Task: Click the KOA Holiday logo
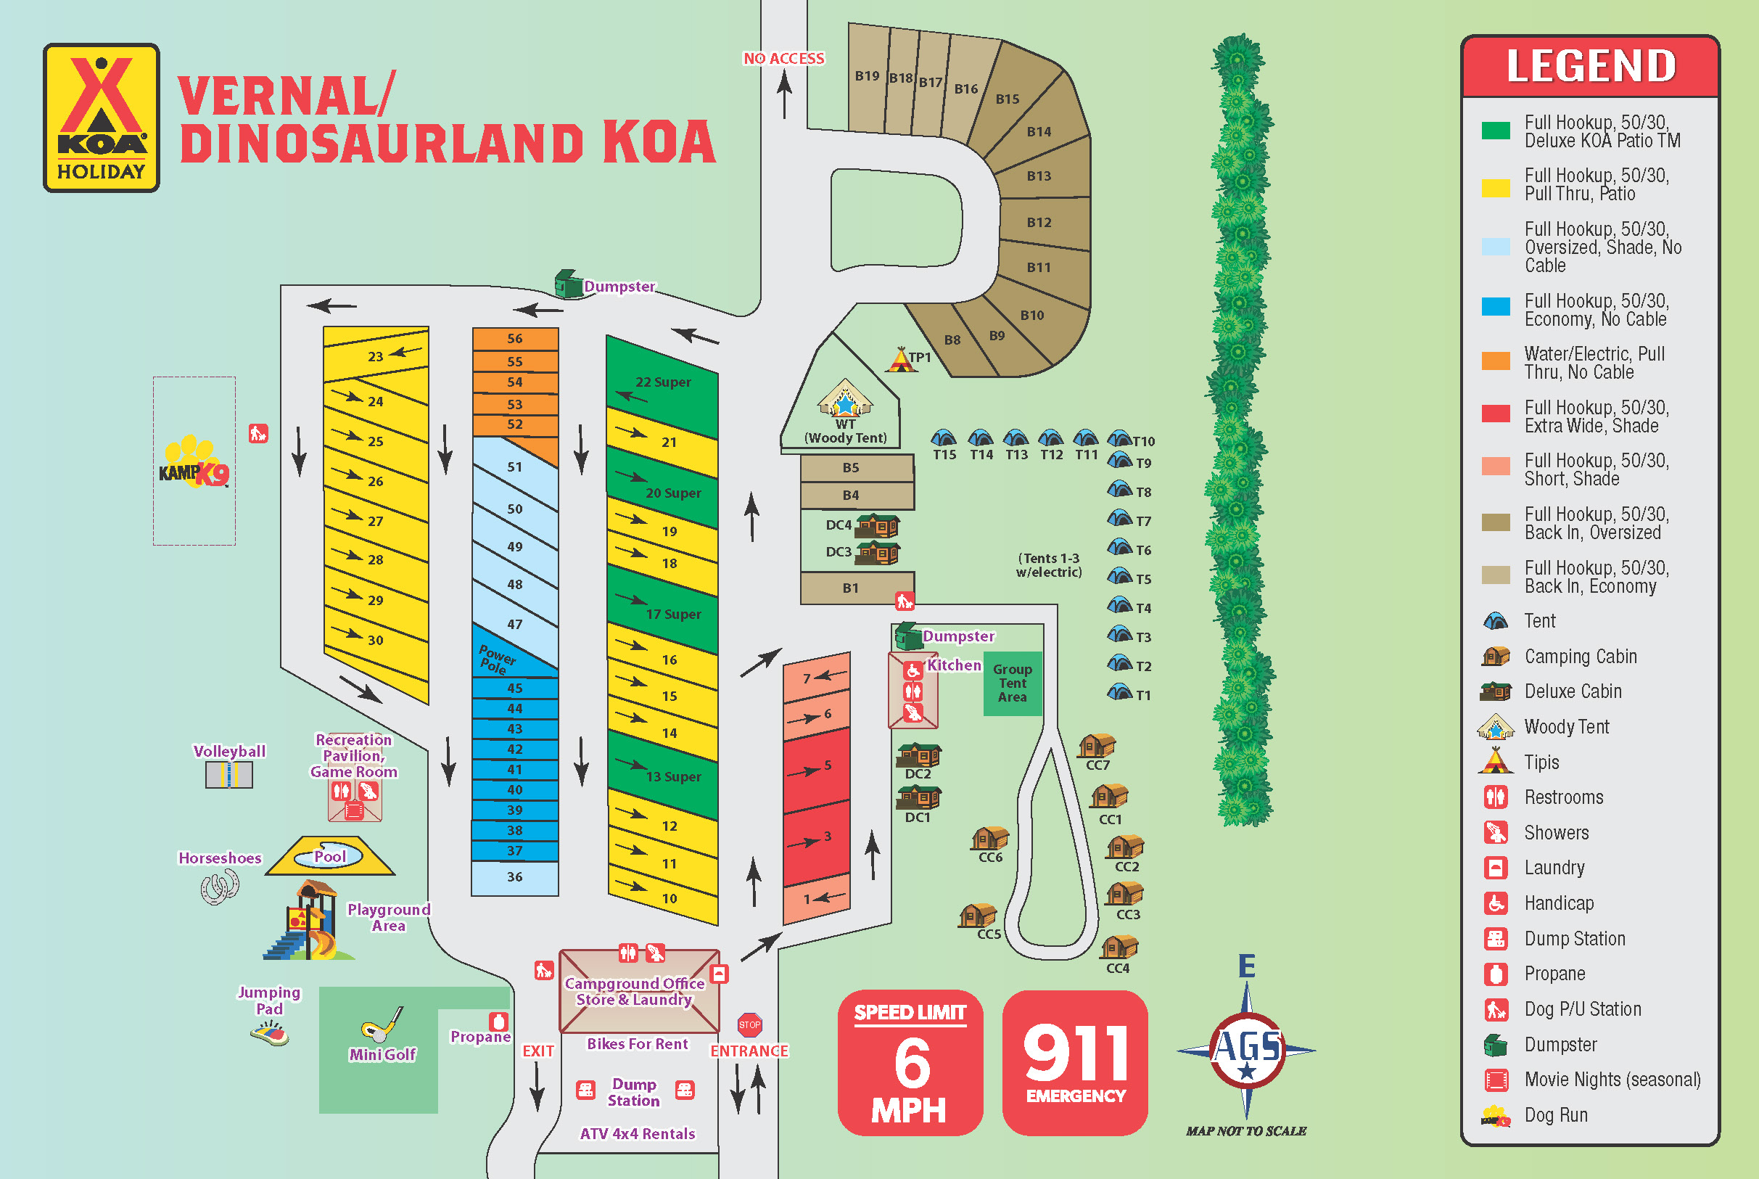[102, 118]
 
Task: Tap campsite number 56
[515, 338]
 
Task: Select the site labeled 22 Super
[662, 382]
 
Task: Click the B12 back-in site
[1039, 223]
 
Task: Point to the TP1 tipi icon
[899, 359]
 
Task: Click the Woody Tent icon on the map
[845, 398]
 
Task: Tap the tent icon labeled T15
[944, 437]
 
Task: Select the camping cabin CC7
[1097, 745]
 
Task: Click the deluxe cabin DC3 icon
[878, 553]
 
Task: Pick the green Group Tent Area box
[1013, 683]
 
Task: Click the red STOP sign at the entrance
[749, 1024]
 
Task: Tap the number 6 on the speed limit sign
[912, 1062]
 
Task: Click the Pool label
[330, 856]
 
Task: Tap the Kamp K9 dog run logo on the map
[194, 463]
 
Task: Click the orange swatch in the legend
[1495, 361]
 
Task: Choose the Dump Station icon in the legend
[1495, 938]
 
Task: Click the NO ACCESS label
[784, 59]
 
